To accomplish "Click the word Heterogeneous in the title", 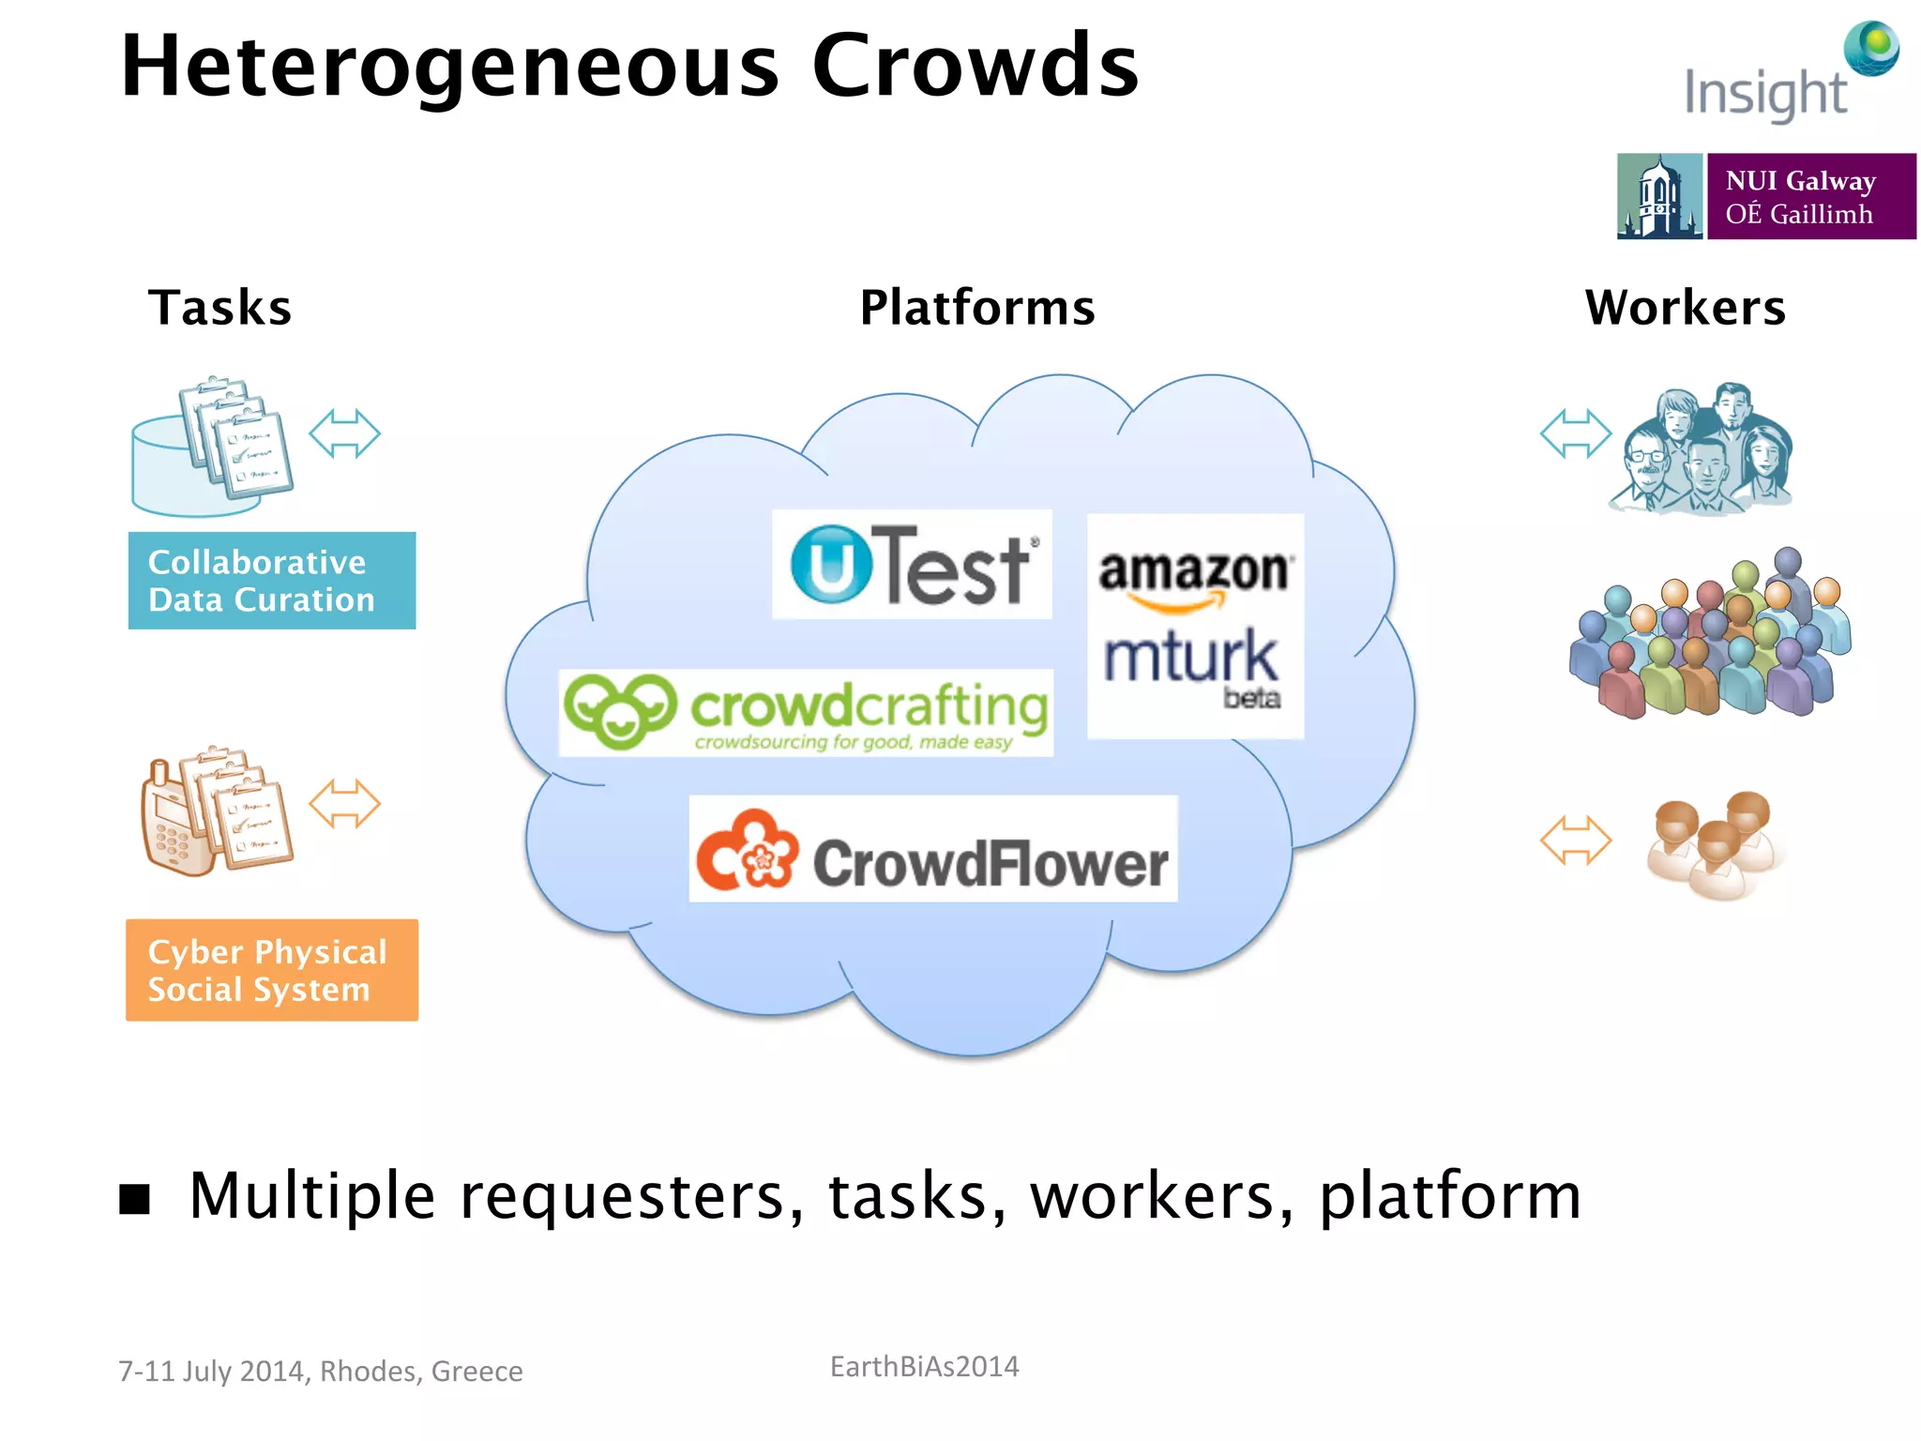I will click(x=450, y=68).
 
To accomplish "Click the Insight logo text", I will click(x=1764, y=94).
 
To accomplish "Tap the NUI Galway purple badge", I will click(x=1810, y=197).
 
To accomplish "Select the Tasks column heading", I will click(x=220, y=308).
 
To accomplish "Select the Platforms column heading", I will click(x=977, y=308).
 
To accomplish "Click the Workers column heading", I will click(x=1686, y=308).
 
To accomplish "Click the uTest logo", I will click(x=912, y=565).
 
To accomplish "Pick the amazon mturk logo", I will click(x=1195, y=626).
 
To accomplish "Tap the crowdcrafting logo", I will click(x=806, y=713).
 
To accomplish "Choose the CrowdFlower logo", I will click(x=933, y=850).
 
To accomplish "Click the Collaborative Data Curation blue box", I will click(x=272, y=581).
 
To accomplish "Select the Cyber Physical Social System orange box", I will click(x=272, y=970).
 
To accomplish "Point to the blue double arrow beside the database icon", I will click(x=344, y=434).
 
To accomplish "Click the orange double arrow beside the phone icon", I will click(x=344, y=804).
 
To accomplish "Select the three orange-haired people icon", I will click(x=1714, y=843).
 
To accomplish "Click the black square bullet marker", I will click(x=135, y=1198).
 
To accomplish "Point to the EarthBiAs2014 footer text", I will click(x=924, y=1367).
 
